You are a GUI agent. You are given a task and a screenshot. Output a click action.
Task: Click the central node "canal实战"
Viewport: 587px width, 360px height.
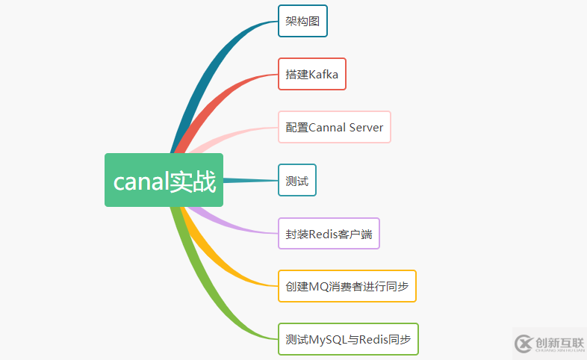click(x=164, y=180)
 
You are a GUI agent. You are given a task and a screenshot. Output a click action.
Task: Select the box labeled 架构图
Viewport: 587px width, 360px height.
click(x=302, y=21)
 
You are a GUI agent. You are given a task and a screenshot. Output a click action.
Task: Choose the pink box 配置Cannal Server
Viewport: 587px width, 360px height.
click(x=334, y=127)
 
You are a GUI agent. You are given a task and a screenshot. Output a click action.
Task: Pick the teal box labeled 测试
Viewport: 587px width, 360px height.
click(x=296, y=180)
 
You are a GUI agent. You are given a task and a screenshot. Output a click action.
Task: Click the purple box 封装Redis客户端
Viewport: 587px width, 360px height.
click(x=328, y=233)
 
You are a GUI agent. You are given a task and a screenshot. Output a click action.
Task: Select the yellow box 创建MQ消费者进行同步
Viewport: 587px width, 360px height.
click(x=347, y=286)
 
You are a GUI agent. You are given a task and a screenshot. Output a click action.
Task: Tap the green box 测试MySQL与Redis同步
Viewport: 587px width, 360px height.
click(x=348, y=339)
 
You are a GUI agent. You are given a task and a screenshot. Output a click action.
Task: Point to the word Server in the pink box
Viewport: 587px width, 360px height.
click(x=366, y=127)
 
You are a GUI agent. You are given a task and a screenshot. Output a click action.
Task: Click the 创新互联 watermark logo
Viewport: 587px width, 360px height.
click(x=549, y=343)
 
